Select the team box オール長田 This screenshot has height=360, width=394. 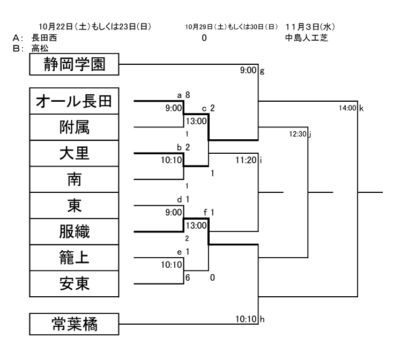pyautogui.click(x=74, y=102)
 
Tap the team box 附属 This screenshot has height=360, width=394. pyautogui.click(x=74, y=128)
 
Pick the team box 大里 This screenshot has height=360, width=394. pyautogui.click(x=74, y=154)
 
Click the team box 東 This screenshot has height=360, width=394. pyautogui.click(x=74, y=206)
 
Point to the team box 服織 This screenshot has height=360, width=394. pyautogui.click(x=74, y=232)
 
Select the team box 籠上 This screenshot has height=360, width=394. pyautogui.click(x=74, y=258)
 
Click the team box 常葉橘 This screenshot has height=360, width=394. pyautogui.click(x=74, y=325)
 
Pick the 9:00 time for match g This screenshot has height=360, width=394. pyautogui.click(x=249, y=69)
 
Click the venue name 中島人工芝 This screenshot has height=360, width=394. pyautogui.click(x=306, y=38)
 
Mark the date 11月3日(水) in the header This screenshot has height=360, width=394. pyautogui.click(x=310, y=27)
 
